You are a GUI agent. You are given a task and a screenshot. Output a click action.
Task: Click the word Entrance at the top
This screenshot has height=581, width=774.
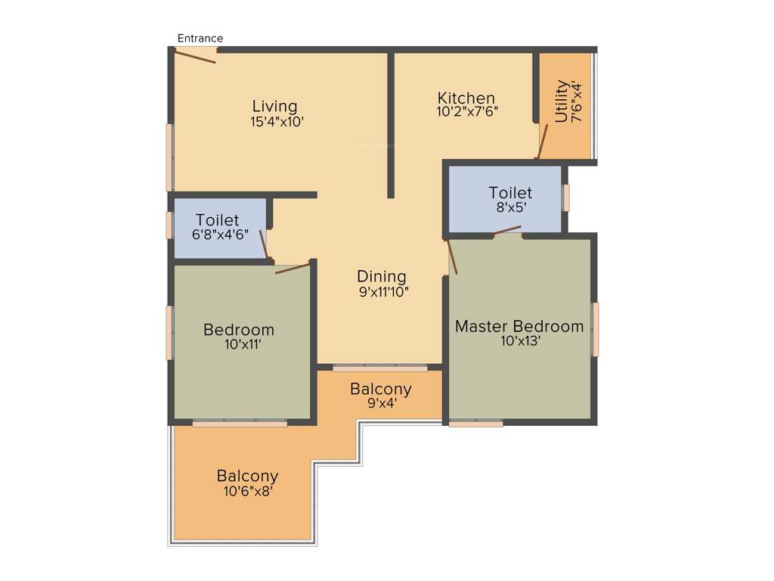[x=200, y=38]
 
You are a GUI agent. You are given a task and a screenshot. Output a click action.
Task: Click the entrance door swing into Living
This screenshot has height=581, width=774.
[x=197, y=55]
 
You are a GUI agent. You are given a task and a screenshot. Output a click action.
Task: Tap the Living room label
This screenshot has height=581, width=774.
[x=274, y=106]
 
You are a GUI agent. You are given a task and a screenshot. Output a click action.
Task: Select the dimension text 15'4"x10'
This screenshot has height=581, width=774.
[x=277, y=121]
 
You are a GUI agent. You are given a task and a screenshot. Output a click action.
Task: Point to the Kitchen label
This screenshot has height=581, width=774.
[x=466, y=98]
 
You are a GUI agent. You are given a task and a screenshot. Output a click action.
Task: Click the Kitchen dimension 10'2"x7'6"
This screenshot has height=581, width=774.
[x=467, y=111]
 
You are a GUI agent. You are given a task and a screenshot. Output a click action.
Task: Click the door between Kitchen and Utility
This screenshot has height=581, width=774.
[x=541, y=141]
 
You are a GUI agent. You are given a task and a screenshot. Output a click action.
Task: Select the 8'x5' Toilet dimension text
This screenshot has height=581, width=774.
[x=510, y=207]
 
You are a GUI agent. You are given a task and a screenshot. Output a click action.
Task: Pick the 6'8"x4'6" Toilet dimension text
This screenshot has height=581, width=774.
[x=218, y=235]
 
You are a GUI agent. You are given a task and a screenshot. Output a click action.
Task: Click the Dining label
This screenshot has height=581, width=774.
[x=382, y=276]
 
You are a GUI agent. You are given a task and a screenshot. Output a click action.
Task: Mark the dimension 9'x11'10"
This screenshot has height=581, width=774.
[x=383, y=291]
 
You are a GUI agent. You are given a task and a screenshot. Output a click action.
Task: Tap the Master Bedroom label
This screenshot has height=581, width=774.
[x=519, y=326]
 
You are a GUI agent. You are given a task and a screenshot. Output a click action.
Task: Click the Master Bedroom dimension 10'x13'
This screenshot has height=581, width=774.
[x=519, y=340]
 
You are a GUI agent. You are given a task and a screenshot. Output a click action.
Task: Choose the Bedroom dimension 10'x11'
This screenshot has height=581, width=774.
[x=239, y=344]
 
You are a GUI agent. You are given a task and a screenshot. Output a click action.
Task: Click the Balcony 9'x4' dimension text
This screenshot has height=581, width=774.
[x=381, y=403]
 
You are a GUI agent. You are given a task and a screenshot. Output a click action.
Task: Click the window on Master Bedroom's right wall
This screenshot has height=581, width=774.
[x=596, y=329]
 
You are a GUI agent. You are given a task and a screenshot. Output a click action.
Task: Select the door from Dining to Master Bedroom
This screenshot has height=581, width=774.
[x=451, y=257]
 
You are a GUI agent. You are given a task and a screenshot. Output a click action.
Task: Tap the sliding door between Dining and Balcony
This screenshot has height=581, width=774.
[x=380, y=368]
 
